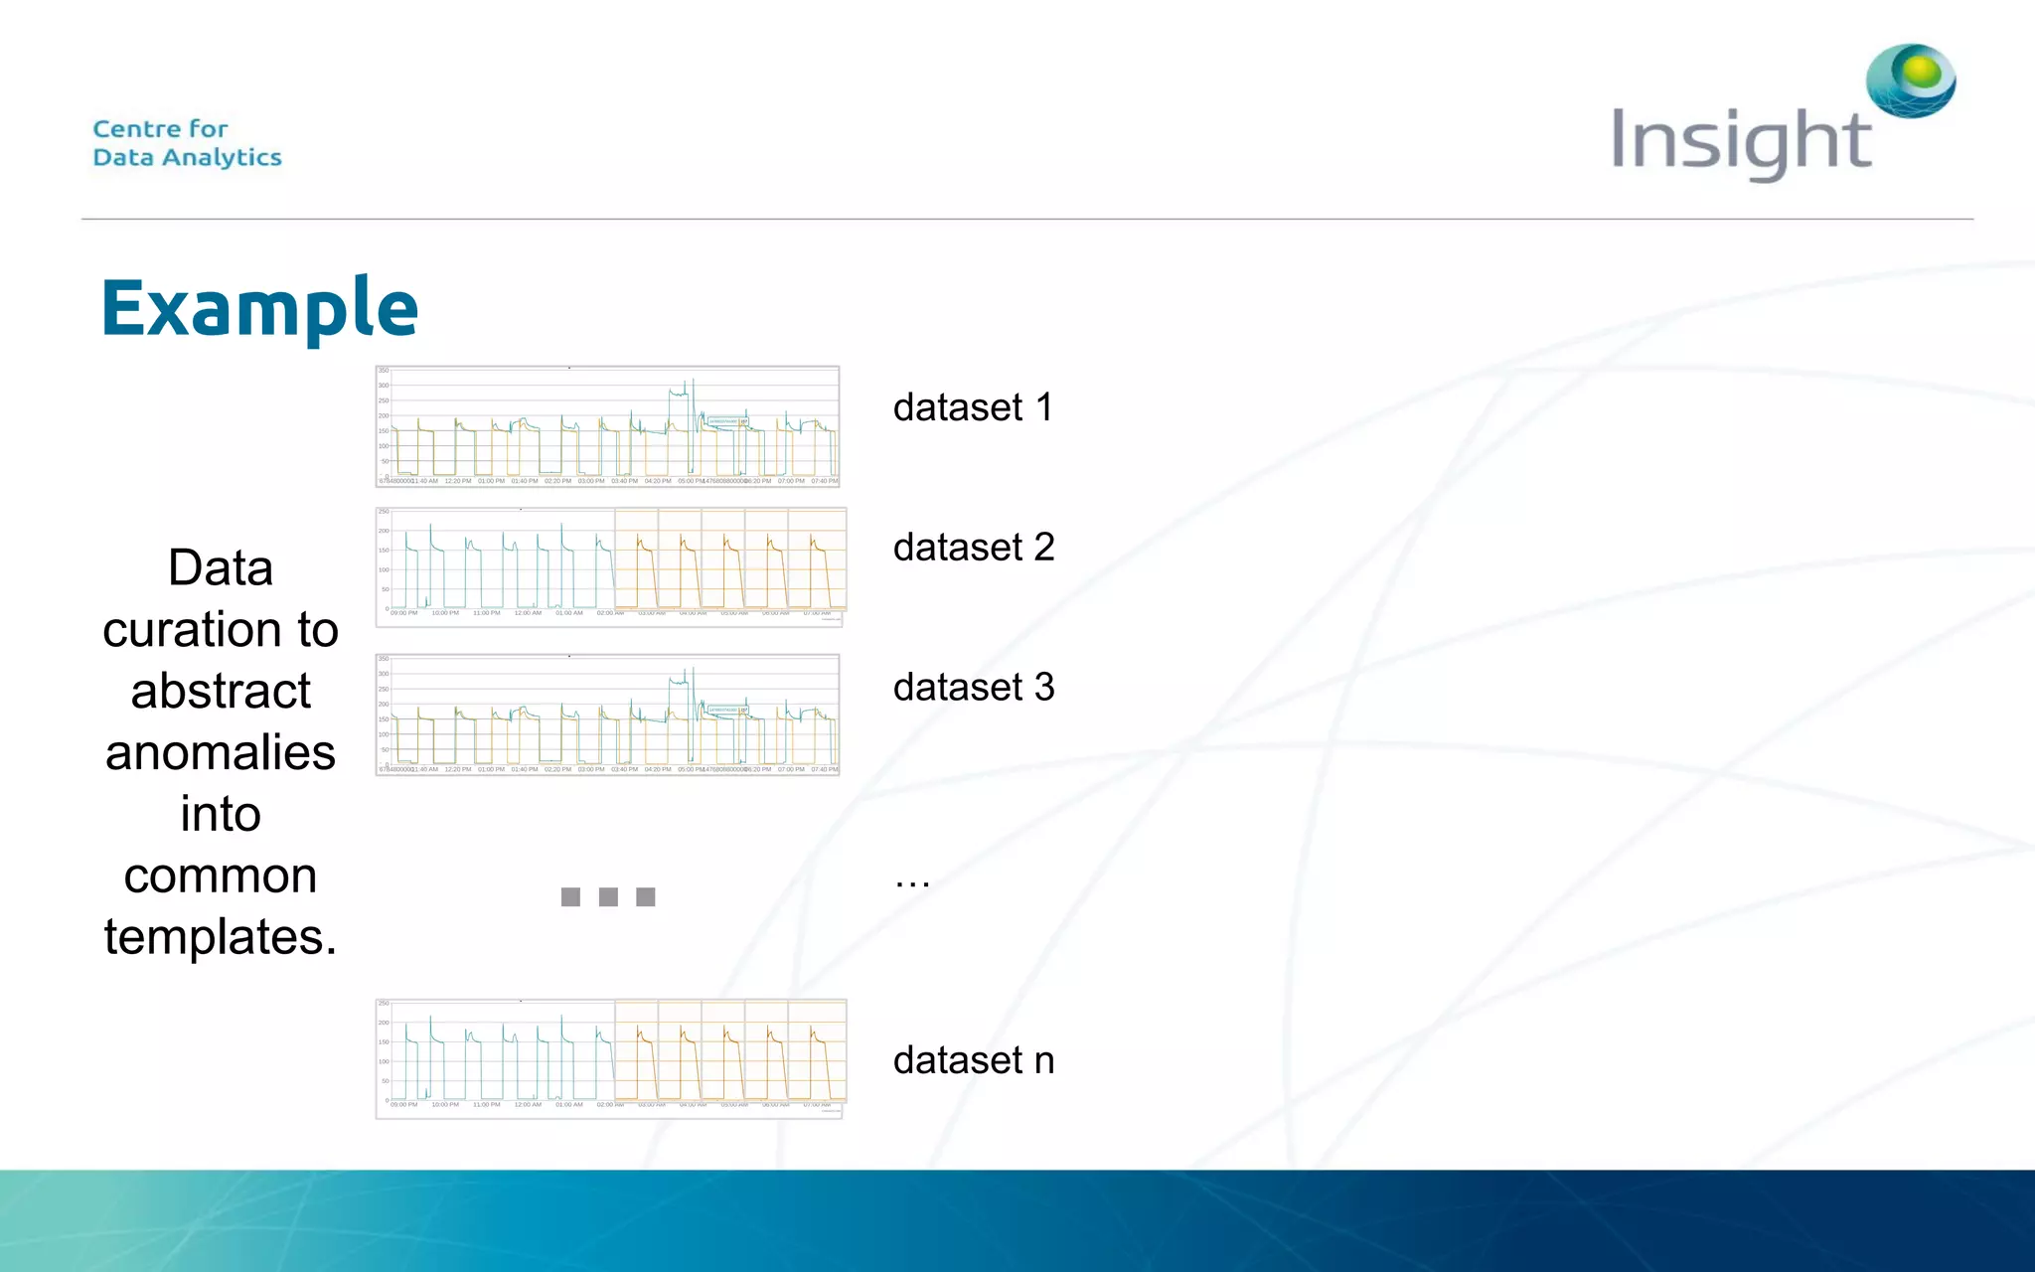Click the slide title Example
(259, 308)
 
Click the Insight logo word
(1741, 142)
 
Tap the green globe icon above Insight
(1911, 79)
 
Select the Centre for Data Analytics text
(187, 143)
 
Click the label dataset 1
(973, 407)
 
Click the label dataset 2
(973, 548)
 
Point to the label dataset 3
(973, 688)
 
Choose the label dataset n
(973, 1060)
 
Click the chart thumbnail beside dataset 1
(607, 426)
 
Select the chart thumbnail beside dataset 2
(610, 566)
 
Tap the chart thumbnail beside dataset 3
(607, 715)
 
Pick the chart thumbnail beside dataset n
(610, 1058)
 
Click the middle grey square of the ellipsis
(608, 897)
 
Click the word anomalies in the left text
(221, 752)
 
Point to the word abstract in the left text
(221, 692)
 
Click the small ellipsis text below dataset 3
(911, 880)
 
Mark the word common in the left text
(221, 875)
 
